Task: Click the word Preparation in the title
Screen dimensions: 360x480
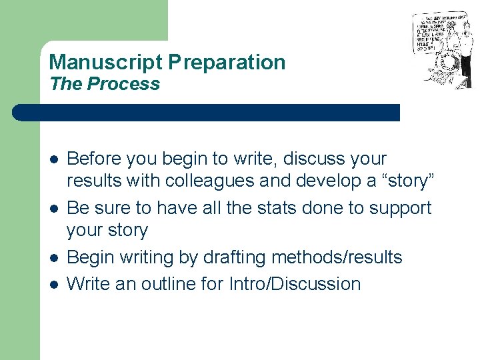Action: tap(227, 63)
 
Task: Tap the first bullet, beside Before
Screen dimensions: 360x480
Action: tap(54, 160)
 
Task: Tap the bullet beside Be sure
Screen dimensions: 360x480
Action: tap(54, 209)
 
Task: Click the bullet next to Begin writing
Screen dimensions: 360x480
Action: tap(54, 257)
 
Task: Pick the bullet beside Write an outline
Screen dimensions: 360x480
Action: tap(54, 284)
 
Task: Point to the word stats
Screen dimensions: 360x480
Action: tap(277, 208)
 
